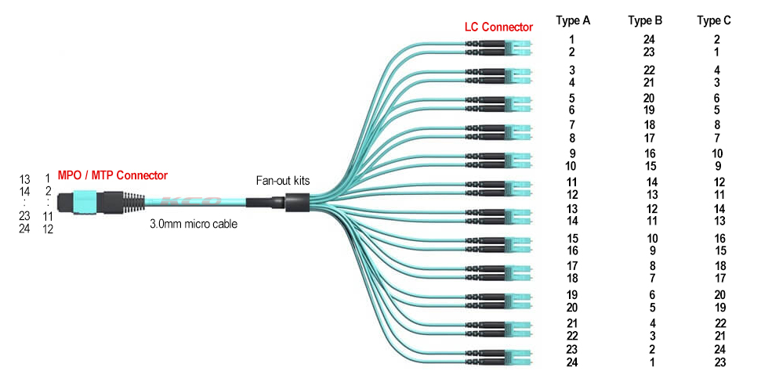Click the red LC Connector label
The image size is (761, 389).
coord(498,27)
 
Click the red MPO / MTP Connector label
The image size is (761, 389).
coord(113,175)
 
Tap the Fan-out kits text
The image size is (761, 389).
coord(283,181)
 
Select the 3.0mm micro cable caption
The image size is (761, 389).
coord(194,224)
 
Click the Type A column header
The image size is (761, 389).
coord(573,21)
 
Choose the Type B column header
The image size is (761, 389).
coord(645,21)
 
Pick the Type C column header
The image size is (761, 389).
coord(714,21)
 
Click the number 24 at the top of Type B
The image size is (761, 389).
coord(649,40)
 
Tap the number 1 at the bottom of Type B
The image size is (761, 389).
coord(652,362)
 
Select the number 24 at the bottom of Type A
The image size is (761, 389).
coord(572,362)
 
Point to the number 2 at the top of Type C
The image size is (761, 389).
coord(717,40)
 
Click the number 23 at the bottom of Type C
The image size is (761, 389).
coord(720,362)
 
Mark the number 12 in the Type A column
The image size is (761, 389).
coord(572,195)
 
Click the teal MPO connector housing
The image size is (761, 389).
coord(85,202)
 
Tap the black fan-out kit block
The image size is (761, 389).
coord(297,202)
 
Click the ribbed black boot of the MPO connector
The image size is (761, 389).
coord(133,202)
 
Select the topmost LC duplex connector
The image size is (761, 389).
coord(499,48)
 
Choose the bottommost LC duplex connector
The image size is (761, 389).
coord(499,357)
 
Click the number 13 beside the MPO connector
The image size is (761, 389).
coord(24,180)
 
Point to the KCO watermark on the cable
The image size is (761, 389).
coord(192,201)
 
